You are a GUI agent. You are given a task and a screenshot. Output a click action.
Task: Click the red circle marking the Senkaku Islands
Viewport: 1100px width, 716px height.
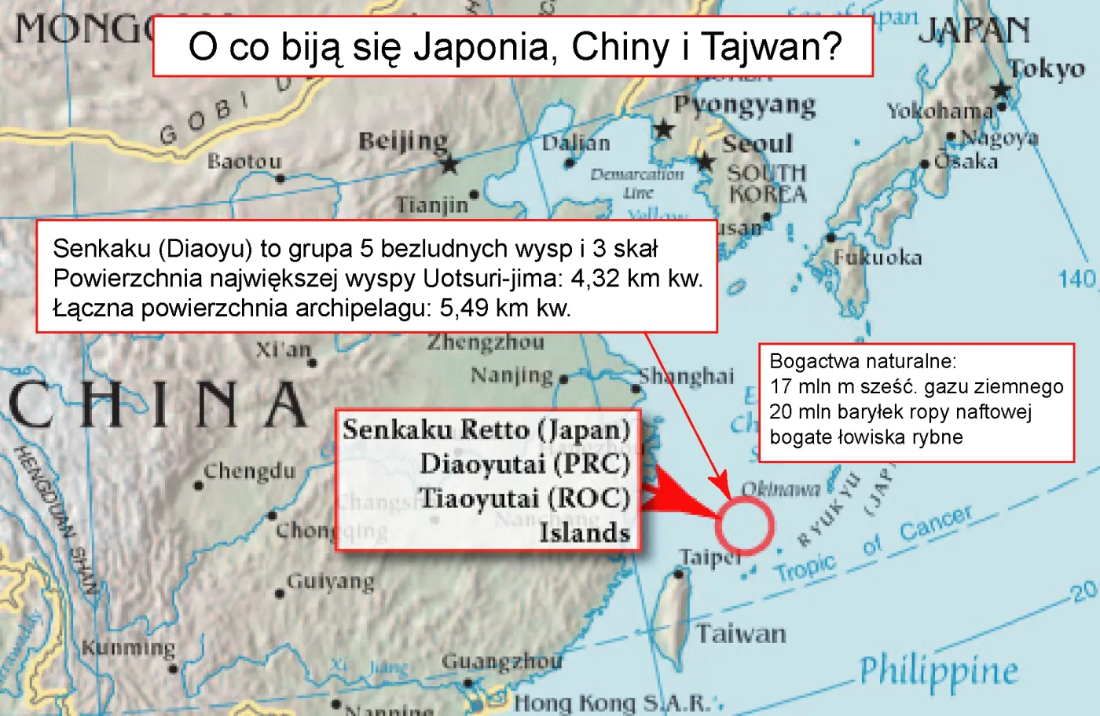[744, 525]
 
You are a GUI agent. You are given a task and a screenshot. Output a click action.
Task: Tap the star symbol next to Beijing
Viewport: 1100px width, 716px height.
[449, 165]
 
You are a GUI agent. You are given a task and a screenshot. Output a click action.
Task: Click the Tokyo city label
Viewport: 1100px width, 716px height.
[1047, 69]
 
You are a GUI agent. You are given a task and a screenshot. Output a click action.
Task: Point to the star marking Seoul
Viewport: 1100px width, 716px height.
[705, 163]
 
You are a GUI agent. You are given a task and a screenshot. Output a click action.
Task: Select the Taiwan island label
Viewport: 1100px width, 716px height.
[741, 633]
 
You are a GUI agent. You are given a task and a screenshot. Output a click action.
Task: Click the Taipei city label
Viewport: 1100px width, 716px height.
[709, 557]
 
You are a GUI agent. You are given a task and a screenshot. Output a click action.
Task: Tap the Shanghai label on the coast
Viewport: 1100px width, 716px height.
[687, 377]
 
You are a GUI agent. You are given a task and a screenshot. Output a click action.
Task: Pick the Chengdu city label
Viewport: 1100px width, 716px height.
[250, 471]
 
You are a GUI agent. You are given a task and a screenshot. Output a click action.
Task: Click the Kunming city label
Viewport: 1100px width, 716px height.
[128, 648]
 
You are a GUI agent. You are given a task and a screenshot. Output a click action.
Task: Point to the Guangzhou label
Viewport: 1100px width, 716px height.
[502, 661]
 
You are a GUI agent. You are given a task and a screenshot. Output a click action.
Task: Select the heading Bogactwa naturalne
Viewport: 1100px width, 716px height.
[863, 361]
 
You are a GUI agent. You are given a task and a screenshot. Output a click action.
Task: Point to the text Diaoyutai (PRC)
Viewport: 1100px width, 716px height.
[524, 464]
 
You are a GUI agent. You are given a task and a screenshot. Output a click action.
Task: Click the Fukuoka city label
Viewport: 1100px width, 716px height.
[878, 258]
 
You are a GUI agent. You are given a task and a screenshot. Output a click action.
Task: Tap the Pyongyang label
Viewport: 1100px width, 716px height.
[745, 105]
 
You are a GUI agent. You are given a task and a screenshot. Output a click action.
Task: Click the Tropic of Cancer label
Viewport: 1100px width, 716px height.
[872, 545]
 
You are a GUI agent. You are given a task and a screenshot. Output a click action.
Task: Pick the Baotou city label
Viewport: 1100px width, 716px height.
[244, 161]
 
